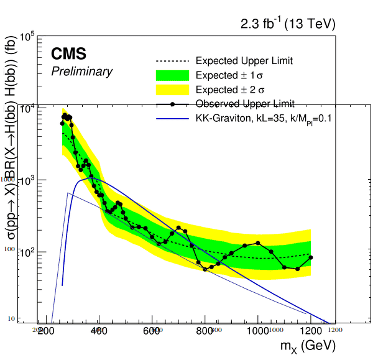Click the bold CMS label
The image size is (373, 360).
coord(68,54)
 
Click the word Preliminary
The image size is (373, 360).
coord(81,72)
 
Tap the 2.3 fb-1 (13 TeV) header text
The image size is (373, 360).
coord(288,24)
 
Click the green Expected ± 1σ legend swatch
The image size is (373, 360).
coord(170,75)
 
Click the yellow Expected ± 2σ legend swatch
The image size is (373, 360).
coord(170,90)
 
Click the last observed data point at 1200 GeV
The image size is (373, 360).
coord(311,257)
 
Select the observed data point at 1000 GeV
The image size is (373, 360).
coord(258,243)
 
